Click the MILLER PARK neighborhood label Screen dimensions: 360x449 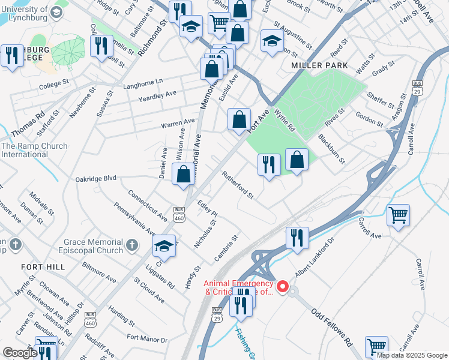coord(316,65)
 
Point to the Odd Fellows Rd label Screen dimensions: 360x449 coord(332,326)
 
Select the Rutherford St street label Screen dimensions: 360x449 coord(238,186)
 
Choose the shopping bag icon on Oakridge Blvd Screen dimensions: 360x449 coord(184,175)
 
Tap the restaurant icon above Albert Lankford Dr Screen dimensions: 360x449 coord(297,238)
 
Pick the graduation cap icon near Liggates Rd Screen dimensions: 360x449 coord(164,247)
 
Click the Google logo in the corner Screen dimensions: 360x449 coord(20,352)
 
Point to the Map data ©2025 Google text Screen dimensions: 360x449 coord(412,355)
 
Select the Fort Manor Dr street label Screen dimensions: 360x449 coord(147,339)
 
